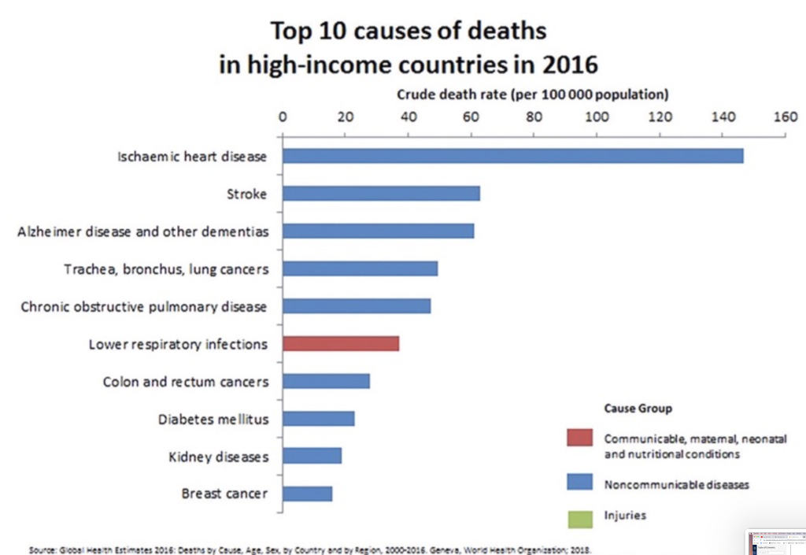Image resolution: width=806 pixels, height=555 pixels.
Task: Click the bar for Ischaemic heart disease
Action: point(512,156)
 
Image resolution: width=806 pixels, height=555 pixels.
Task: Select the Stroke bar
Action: point(381,194)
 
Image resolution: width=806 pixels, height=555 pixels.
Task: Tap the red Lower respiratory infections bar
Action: point(341,344)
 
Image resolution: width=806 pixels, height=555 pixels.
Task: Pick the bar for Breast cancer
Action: point(307,494)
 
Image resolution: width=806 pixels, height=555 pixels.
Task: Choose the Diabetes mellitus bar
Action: point(318,419)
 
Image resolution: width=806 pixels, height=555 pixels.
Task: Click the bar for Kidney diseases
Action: point(312,456)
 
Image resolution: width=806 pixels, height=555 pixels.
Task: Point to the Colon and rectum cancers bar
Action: point(326,381)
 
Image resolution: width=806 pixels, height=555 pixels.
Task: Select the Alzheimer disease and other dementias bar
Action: point(378,231)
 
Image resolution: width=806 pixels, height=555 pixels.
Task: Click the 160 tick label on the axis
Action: point(786,117)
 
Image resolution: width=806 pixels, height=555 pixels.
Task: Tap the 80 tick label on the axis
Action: point(534,117)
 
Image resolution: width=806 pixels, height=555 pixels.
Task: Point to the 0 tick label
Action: point(283,117)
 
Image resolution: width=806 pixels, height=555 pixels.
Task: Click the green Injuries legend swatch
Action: point(580,518)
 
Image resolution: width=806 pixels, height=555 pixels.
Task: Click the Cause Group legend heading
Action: point(638,409)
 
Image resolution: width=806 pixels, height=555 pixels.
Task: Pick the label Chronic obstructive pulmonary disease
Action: point(144,306)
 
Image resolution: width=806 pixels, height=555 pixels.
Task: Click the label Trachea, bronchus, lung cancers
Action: point(166,269)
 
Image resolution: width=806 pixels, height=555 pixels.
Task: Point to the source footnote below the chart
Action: point(309,549)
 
